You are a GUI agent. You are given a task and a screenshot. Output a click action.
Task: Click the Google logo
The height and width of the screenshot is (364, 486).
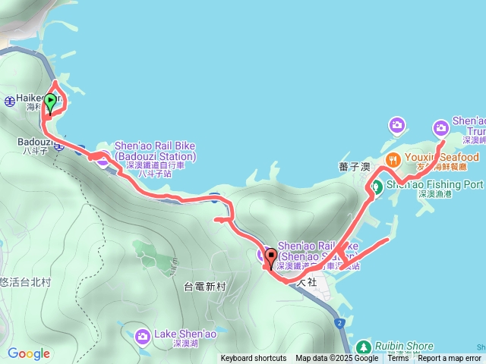(x=28, y=353)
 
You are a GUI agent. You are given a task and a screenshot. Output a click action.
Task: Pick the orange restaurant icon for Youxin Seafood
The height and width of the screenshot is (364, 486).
(x=393, y=158)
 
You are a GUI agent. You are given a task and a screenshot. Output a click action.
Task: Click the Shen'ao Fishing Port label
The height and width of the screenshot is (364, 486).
(x=434, y=184)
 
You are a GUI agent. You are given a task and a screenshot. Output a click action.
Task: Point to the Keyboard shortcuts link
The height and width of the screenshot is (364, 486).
(x=254, y=359)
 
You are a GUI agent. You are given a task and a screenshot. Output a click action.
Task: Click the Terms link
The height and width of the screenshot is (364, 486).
(x=398, y=359)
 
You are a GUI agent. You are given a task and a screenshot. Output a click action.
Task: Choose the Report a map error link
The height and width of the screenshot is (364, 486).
(x=450, y=359)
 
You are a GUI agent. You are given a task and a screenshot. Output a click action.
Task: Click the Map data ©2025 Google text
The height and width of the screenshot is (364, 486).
(x=337, y=359)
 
